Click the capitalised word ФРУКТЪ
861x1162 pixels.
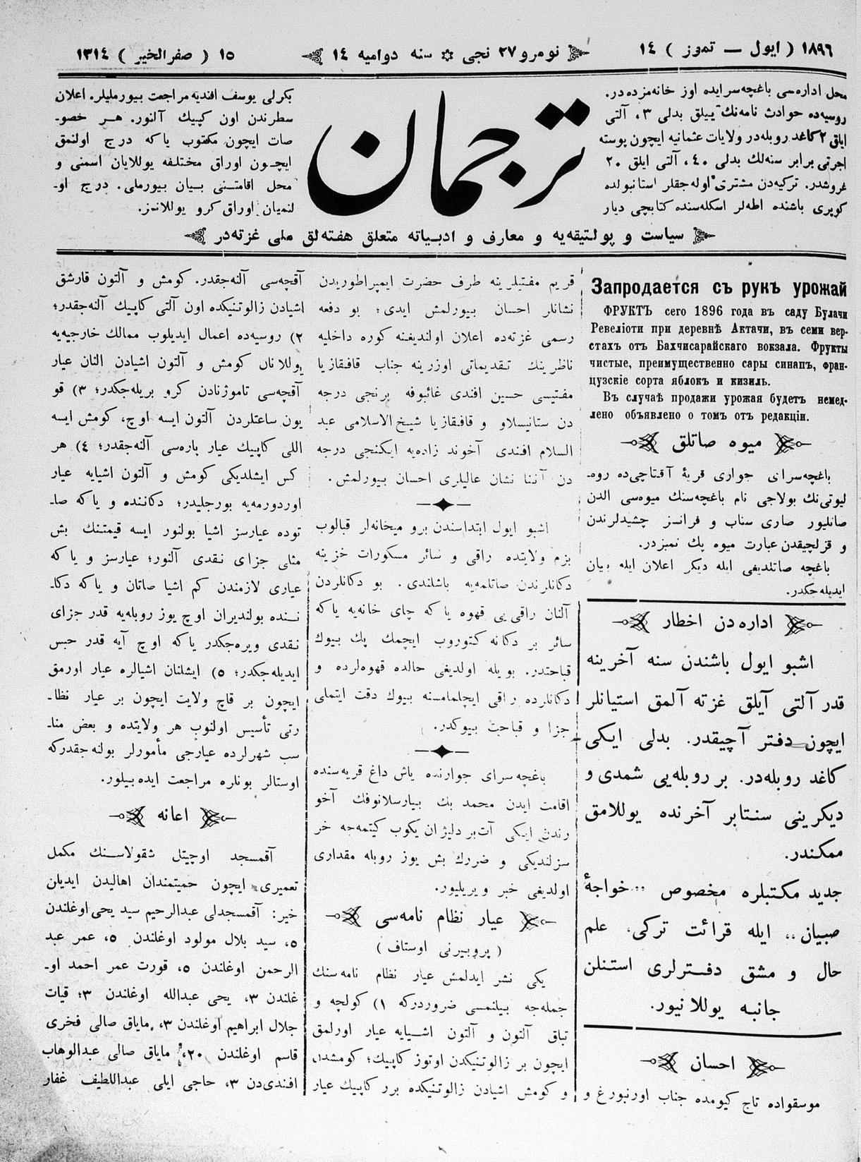click(x=625, y=310)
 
